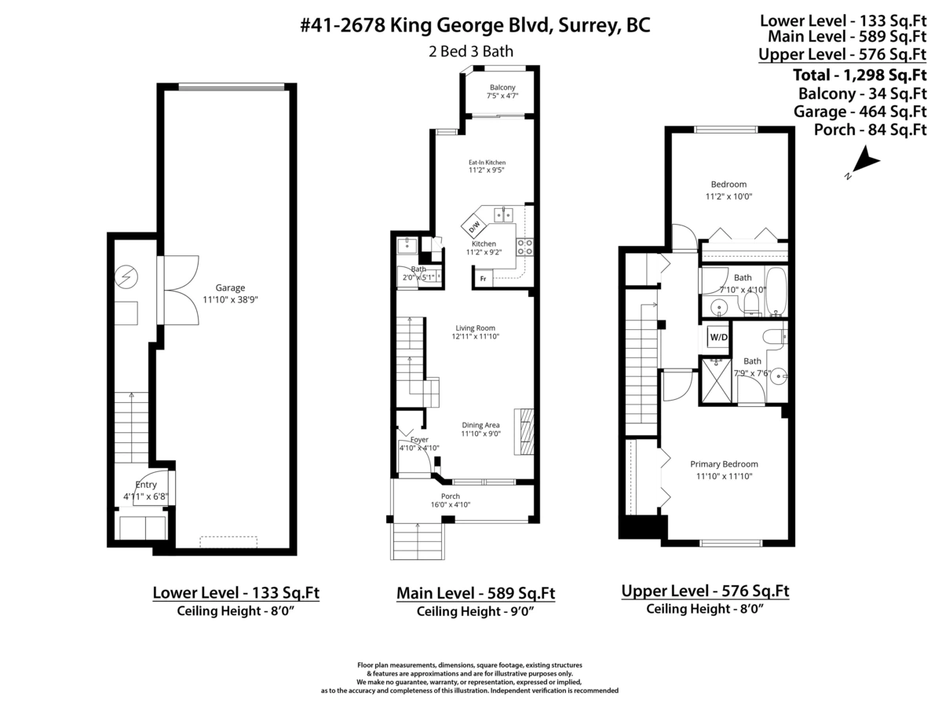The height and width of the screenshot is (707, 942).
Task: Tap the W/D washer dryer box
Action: [x=718, y=338]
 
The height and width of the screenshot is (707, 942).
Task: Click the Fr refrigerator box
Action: [x=484, y=279]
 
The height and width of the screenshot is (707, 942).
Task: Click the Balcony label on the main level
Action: [x=502, y=87]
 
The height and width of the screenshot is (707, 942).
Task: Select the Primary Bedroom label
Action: [x=724, y=464]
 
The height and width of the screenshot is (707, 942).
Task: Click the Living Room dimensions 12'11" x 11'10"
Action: [x=475, y=336]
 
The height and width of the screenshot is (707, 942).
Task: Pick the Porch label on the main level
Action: [x=451, y=496]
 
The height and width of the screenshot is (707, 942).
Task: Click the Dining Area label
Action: [x=480, y=425]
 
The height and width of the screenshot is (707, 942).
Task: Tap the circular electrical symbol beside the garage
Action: [x=126, y=276]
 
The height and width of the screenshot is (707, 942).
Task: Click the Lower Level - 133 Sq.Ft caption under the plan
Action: [x=235, y=592]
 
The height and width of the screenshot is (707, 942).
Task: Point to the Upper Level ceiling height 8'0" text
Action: [x=705, y=609]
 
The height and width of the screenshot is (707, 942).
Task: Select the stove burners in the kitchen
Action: [x=524, y=247]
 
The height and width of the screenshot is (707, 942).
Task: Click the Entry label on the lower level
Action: [x=146, y=485]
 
